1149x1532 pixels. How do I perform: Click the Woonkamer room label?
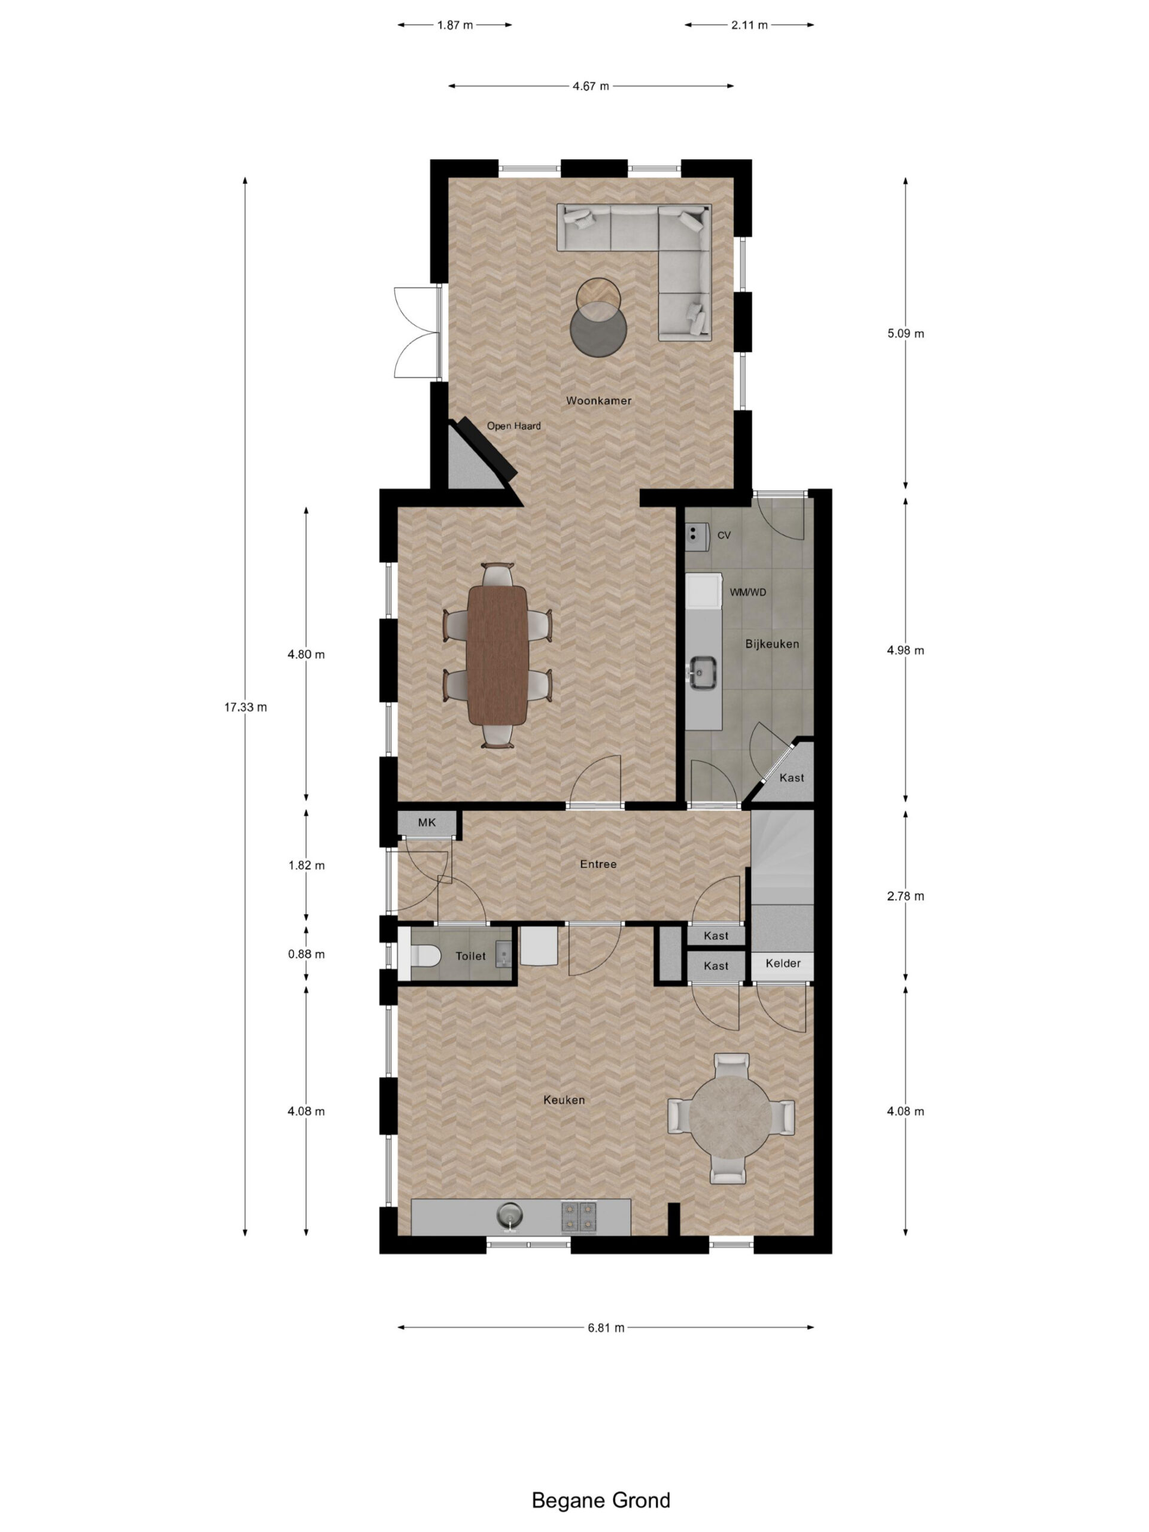click(x=598, y=400)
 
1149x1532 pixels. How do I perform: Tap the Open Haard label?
click(x=513, y=426)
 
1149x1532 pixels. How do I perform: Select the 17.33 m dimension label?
click(x=245, y=707)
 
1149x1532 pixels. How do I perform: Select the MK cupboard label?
click(x=427, y=822)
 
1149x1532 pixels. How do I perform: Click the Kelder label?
click(x=783, y=963)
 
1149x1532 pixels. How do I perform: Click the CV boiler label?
click(x=724, y=536)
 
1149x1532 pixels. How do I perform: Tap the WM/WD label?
click(x=747, y=593)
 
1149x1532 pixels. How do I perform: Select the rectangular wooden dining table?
click(x=497, y=655)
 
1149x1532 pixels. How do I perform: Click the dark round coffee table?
click(x=598, y=329)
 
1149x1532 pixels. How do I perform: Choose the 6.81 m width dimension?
click(x=606, y=1328)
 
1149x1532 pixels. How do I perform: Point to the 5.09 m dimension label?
click(x=905, y=333)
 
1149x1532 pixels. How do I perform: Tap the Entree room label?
click(x=598, y=864)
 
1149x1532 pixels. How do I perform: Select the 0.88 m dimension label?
click(x=306, y=954)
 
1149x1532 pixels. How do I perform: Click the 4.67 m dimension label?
click(x=591, y=86)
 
